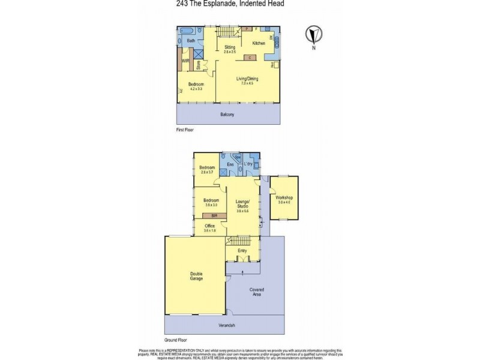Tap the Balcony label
[x=227, y=114]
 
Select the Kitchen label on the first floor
[x=259, y=43]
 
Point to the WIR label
[x=186, y=61]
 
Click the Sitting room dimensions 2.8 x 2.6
[x=230, y=52]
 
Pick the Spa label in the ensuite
[x=238, y=158]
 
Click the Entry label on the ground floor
[x=242, y=250]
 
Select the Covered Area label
[x=257, y=292]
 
